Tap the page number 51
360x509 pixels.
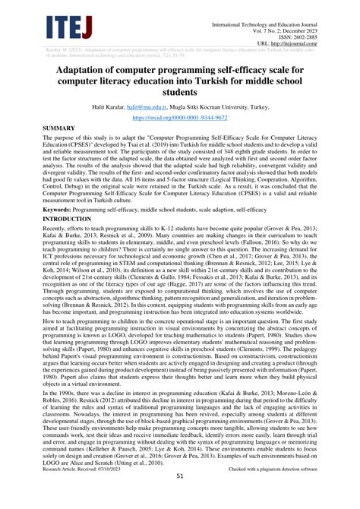(180, 498)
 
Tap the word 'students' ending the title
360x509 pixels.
(179, 94)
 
